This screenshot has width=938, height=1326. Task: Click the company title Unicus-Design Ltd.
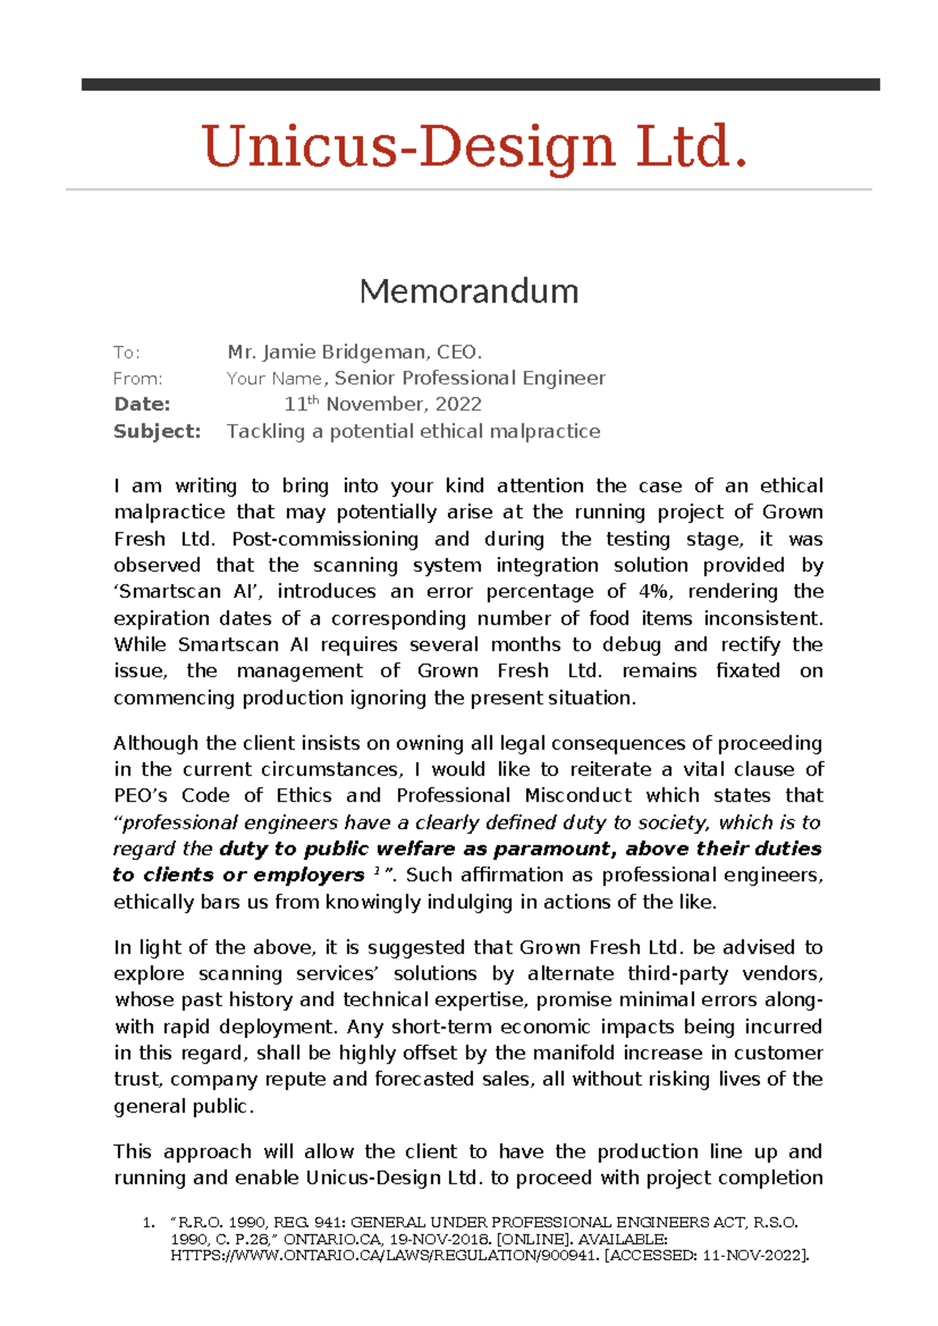(x=474, y=147)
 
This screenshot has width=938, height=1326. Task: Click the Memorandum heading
(x=469, y=292)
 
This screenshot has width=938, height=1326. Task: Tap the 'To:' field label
(x=127, y=353)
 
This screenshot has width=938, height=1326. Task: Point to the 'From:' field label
(x=138, y=379)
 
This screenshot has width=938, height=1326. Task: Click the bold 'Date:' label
(x=141, y=404)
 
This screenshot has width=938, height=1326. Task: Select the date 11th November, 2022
(x=382, y=404)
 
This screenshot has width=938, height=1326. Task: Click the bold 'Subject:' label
(x=156, y=432)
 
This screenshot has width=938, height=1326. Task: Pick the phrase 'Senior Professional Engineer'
(x=470, y=378)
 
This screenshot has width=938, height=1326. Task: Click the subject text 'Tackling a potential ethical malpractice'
(x=414, y=432)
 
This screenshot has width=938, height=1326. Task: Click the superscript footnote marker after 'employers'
(x=378, y=870)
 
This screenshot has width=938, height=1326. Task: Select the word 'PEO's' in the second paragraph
(x=141, y=796)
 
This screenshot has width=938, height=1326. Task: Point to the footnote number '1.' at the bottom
(x=149, y=1223)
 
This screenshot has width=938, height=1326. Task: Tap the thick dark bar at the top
(x=480, y=84)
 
